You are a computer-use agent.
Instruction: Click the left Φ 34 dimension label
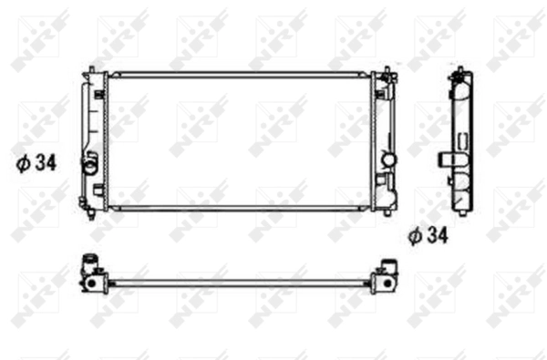point(37,165)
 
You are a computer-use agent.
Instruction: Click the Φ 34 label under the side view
point(428,236)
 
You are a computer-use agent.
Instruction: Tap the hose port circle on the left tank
point(89,166)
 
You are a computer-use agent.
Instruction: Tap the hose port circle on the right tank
point(389,160)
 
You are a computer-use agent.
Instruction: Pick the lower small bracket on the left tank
point(97,190)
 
